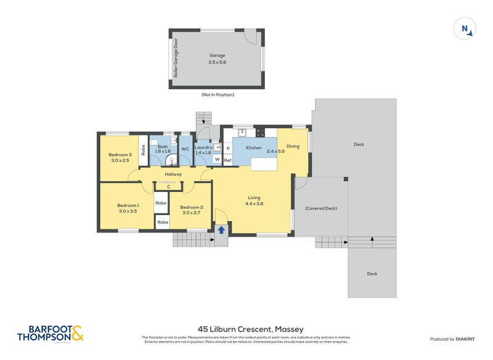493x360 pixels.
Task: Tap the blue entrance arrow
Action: click(221, 230)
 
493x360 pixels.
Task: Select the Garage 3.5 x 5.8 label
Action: click(217, 59)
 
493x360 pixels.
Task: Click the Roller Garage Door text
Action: click(176, 59)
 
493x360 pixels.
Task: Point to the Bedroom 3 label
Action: click(120, 157)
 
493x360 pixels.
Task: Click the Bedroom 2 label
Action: click(192, 211)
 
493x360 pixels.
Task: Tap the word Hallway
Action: click(173, 174)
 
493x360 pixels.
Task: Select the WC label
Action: click(185, 149)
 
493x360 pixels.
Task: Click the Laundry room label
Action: click(203, 150)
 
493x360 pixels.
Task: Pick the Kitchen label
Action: click(254, 148)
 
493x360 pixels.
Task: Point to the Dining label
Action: click(293, 146)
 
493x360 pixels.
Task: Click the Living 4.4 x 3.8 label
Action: click(255, 200)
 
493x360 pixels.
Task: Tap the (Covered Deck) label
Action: click(320, 208)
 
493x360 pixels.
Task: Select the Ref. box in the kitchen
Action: click(227, 160)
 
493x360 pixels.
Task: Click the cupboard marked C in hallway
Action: click(168, 187)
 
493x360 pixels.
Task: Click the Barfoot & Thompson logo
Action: click(51, 333)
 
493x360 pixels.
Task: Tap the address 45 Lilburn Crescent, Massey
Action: click(250, 329)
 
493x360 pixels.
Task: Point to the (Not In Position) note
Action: click(218, 95)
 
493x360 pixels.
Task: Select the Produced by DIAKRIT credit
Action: click(455, 339)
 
